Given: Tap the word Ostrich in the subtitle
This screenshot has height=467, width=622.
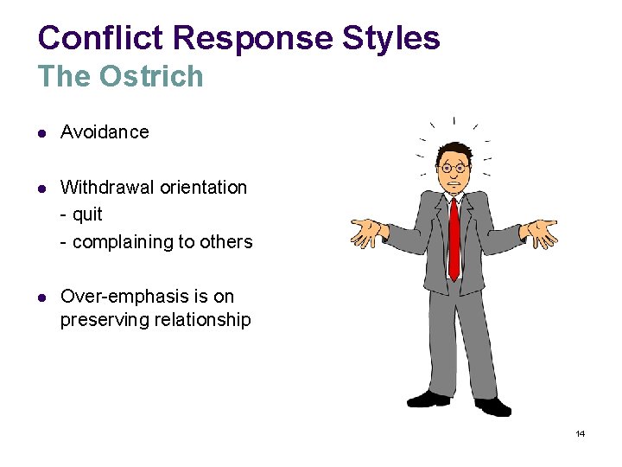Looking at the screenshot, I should coord(151,77).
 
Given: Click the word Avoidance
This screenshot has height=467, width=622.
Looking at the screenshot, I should coord(105,132).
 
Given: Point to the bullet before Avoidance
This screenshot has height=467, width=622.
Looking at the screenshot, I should coord(42,133).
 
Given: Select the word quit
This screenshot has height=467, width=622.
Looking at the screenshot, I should coord(87,214).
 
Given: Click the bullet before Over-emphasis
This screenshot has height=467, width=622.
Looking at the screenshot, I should coord(42,297).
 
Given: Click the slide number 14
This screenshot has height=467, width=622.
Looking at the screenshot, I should coord(580,433).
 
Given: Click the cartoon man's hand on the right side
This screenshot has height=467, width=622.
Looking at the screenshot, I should coord(541,233).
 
